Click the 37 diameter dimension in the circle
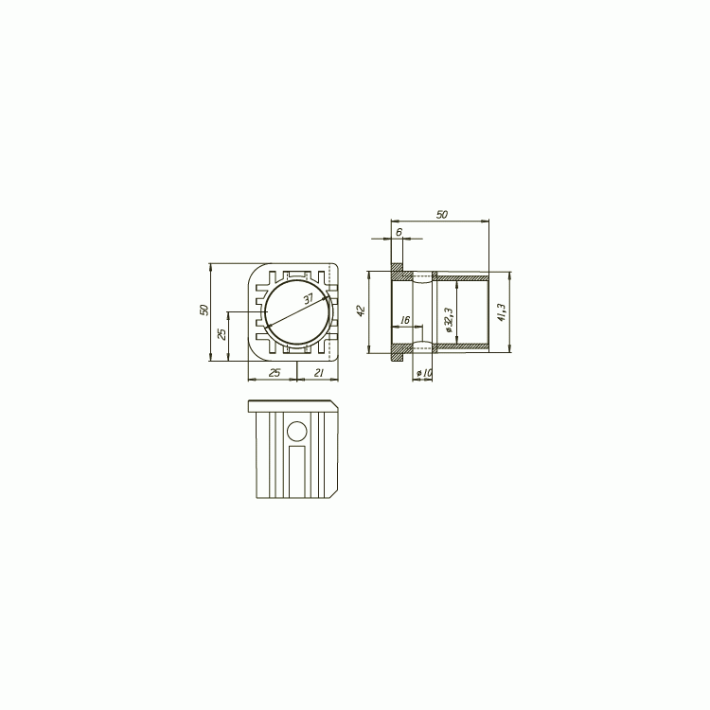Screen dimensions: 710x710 click(309, 299)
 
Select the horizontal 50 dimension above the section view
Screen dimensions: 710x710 click(442, 215)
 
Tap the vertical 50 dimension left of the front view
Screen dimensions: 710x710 click(204, 311)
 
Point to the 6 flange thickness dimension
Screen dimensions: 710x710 click(399, 232)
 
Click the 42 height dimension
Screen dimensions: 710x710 click(361, 311)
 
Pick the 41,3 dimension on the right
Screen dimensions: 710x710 click(501, 312)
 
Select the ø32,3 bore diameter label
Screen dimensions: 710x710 click(449, 320)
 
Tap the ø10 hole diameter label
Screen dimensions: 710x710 click(424, 373)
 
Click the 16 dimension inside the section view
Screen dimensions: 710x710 click(405, 320)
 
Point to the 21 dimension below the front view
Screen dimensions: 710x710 click(319, 373)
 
